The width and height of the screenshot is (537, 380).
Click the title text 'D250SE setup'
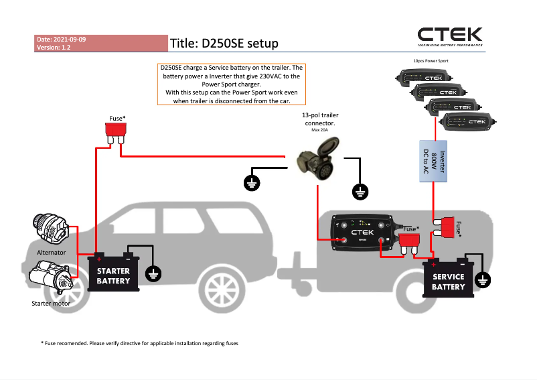pyautogui.click(x=224, y=43)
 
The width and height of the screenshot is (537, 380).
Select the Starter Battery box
pyautogui.click(x=113, y=275)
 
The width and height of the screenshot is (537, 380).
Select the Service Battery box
pyautogui.click(x=448, y=281)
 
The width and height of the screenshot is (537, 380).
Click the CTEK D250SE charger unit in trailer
pyautogui.click(x=362, y=233)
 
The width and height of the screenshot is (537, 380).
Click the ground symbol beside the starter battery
pyautogui.click(x=153, y=273)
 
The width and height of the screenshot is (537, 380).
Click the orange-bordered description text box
pyautogui.click(x=231, y=84)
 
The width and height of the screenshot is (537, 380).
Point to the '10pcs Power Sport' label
pyautogui.click(x=431, y=61)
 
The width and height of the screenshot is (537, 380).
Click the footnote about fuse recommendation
pyautogui.click(x=139, y=343)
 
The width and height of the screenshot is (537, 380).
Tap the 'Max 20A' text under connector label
pyautogui.click(x=320, y=131)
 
